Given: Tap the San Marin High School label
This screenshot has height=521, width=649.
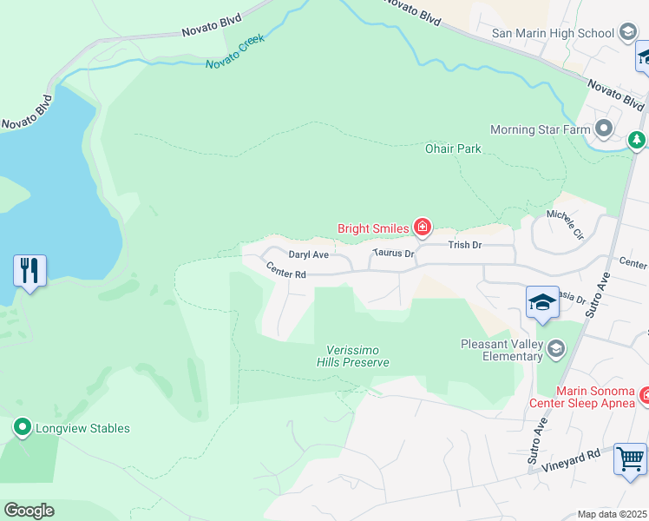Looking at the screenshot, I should pyautogui.click(x=553, y=34).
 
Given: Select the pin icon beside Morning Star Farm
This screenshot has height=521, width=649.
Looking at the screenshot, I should pyautogui.click(x=604, y=129).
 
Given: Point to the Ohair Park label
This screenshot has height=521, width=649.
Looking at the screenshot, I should pyautogui.click(x=453, y=148).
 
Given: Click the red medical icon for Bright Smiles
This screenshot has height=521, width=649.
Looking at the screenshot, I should pyautogui.click(x=422, y=228).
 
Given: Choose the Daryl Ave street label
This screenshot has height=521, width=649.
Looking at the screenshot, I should pyautogui.click(x=309, y=254).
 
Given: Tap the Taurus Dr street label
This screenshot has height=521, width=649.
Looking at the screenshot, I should pyautogui.click(x=395, y=254).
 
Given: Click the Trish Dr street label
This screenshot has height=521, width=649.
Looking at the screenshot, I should pyautogui.click(x=464, y=245).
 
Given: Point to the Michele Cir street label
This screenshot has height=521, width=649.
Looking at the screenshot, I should pyautogui.click(x=565, y=224).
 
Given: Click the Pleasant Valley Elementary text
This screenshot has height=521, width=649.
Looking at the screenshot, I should pyautogui.click(x=501, y=351).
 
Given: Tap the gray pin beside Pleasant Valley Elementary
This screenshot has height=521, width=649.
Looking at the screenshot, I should pyautogui.click(x=555, y=349).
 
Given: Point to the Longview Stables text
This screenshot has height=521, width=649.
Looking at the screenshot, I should pyautogui.click(x=82, y=428).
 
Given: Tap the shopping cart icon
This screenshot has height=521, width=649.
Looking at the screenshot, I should pyautogui.click(x=630, y=458).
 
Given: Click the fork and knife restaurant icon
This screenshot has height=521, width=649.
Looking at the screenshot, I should pyautogui.click(x=29, y=271).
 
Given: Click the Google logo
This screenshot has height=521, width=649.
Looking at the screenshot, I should pyautogui.click(x=29, y=511).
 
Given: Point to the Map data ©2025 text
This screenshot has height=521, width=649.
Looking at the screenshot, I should pyautogui.click(x=612, y=514).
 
